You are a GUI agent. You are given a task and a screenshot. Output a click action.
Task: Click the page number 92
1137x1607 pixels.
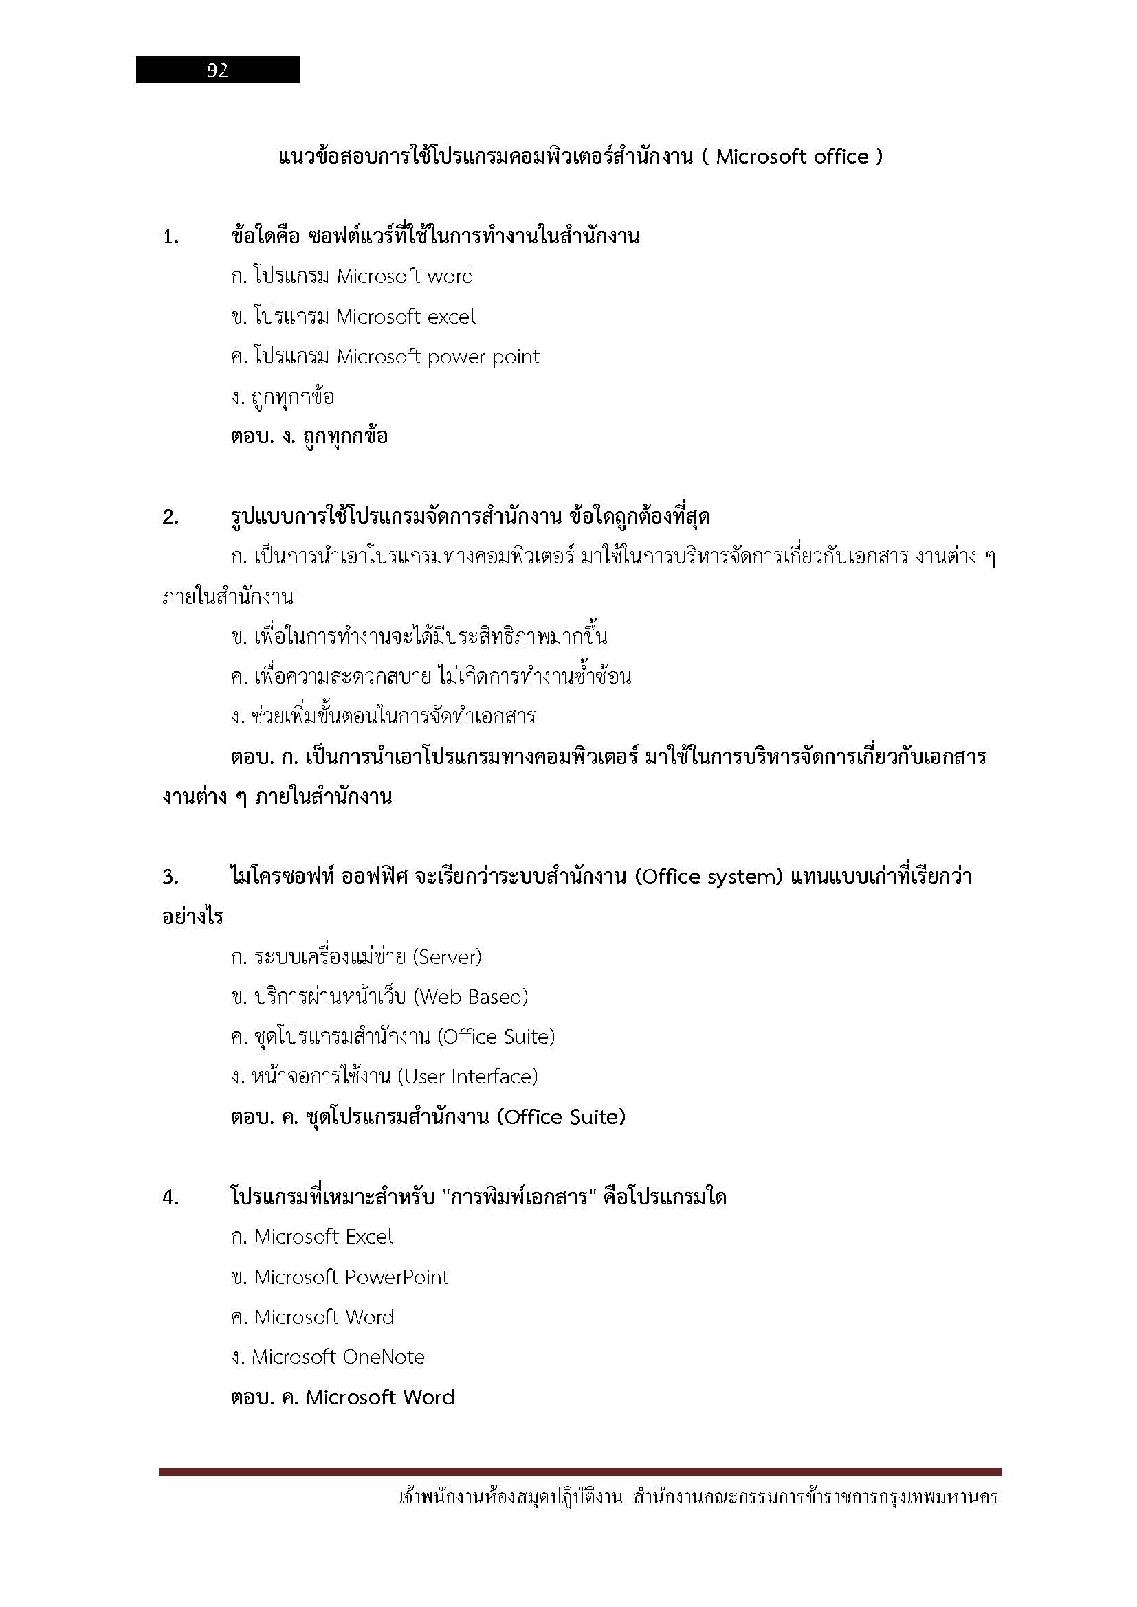click(x=218, y=70)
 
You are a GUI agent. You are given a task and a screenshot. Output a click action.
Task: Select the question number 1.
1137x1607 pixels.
click(x=170, y=237)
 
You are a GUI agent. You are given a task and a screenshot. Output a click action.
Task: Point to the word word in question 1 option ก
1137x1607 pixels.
click(x=450, y=276)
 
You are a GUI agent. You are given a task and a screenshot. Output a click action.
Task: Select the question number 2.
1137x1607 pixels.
click(x=170, y=518)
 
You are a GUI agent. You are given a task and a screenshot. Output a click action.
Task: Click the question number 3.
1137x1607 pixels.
click(x=170, y=877)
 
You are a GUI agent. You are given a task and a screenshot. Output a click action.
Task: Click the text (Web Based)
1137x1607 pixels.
click(x=470, y=997)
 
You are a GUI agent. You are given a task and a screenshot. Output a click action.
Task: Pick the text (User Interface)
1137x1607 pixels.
click(x=467, y=1077)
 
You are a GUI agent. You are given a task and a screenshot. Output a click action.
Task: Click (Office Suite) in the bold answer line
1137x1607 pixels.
click(x=561, y=1117)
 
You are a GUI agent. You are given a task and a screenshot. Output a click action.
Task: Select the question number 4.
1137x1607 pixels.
click(x=170, y=1198)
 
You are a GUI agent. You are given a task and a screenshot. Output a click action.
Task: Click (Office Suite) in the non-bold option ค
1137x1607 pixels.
click(x=496, y=1037)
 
